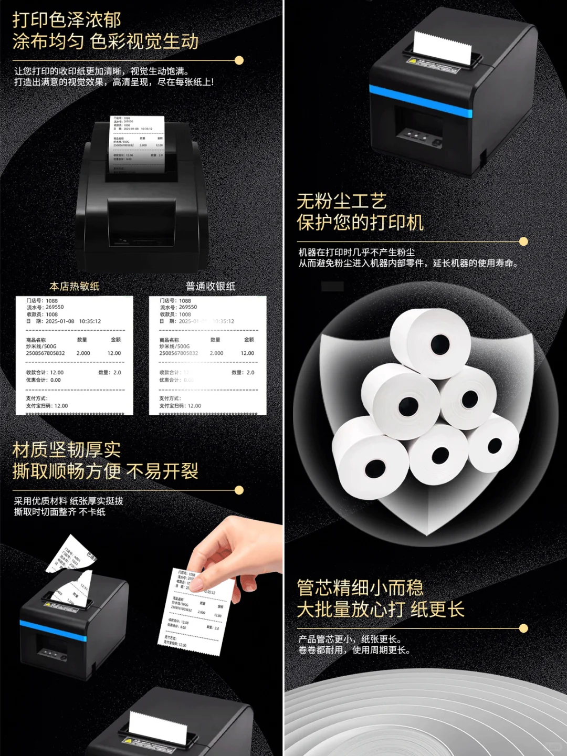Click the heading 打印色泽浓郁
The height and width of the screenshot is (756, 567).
tap(67, 20)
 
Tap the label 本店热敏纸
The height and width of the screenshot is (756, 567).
tap(74, 286)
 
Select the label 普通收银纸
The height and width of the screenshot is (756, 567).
tap(210, 286)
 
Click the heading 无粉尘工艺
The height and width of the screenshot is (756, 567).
tap(341, 201)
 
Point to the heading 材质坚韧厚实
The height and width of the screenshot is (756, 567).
tap(67, 450)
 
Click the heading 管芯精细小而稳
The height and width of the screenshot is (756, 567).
tap(360, 587)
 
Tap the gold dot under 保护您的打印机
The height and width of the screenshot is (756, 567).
tap(523, 241)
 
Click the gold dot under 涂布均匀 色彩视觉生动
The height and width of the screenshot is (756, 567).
tap(239, 60)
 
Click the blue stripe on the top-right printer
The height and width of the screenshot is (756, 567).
tap(420, 100)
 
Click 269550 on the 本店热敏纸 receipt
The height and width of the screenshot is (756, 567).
tap(55, 307)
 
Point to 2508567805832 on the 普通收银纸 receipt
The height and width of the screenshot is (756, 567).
tap(178, 353)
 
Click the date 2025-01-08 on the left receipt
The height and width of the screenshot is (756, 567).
tap(60, 321)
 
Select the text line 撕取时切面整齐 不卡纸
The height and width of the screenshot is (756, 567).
tap(60, 512)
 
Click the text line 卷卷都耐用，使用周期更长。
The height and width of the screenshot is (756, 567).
tap(354, 650)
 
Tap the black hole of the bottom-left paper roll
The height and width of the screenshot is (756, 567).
tap(375, 467)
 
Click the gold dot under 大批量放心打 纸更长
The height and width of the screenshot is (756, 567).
tap(523, 628)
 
